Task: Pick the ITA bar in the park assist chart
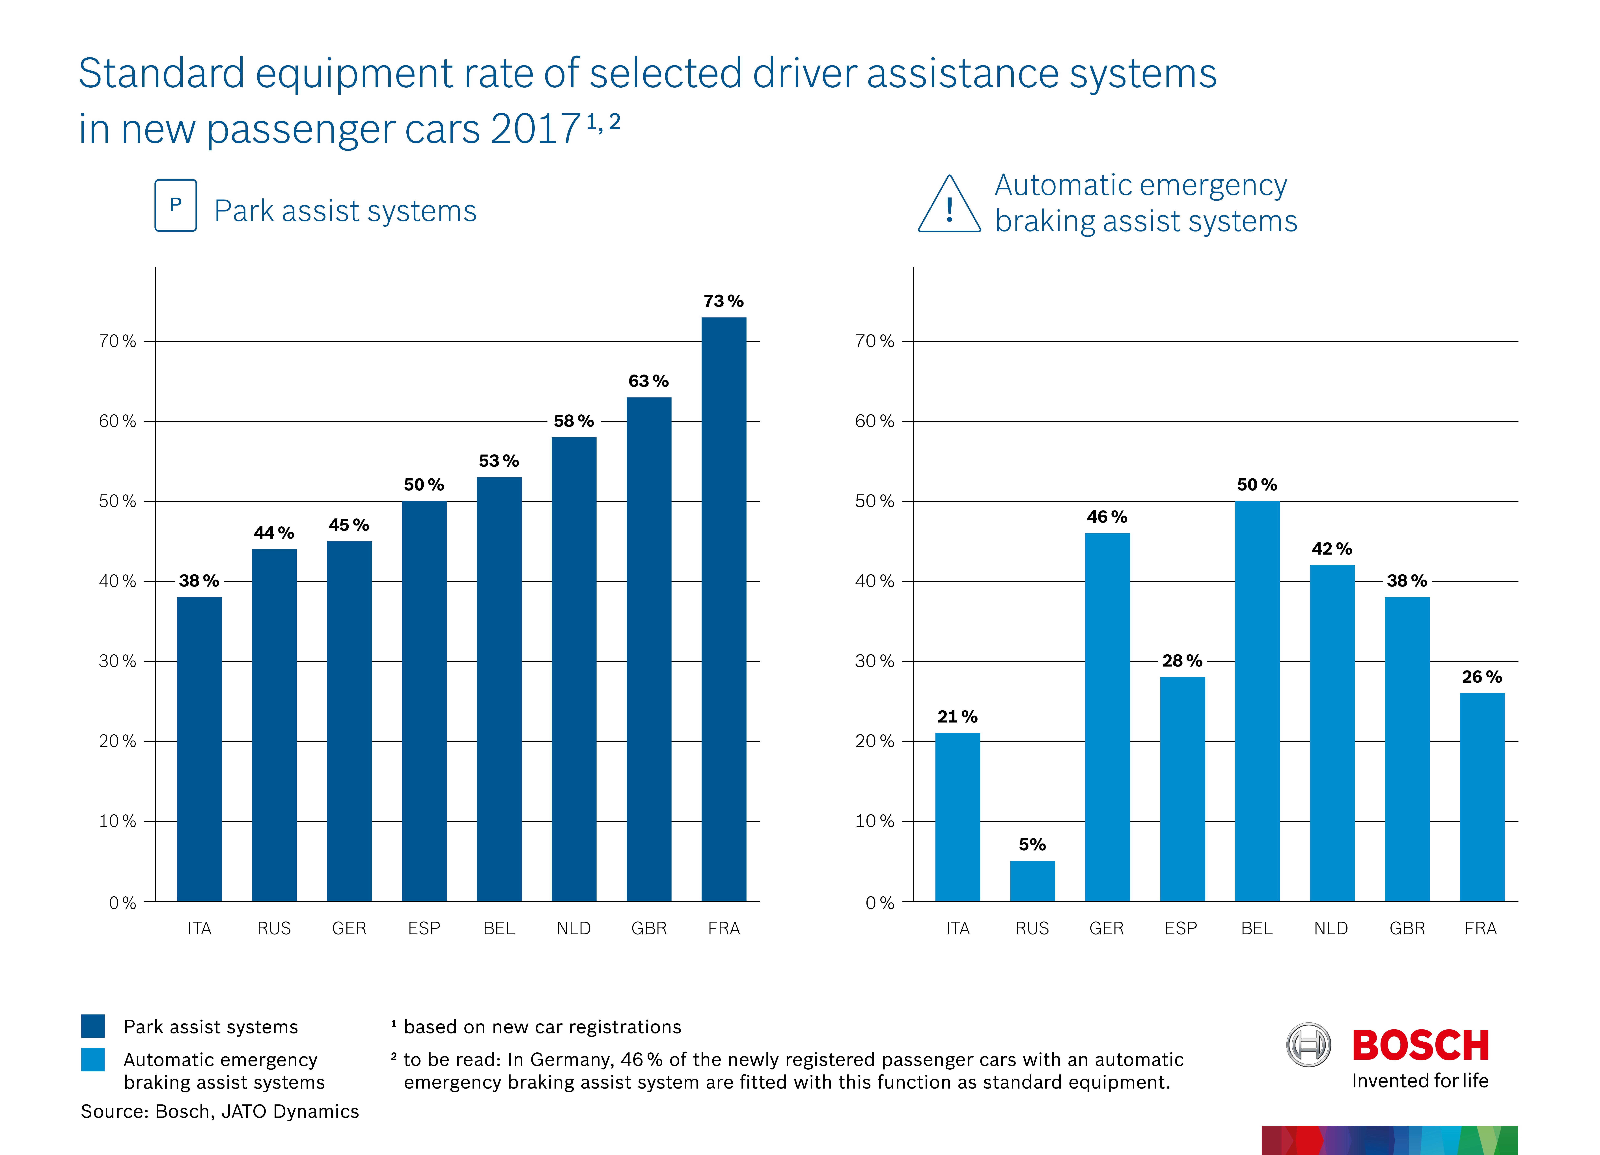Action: click(x=199, y=749)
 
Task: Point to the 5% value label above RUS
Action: click(x=1032, y=845)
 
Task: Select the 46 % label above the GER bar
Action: click(x=1107, y=517)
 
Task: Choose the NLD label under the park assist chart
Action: click(x=573, y=929)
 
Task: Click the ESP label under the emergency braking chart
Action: click(x=1181, y=929)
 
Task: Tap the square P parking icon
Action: click(x=176, y=205)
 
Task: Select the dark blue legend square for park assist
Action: click(x=93, y=1026)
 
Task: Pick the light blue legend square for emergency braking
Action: click(x=93, y=1060)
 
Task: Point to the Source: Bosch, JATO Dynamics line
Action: click(x=220, y=1112)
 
